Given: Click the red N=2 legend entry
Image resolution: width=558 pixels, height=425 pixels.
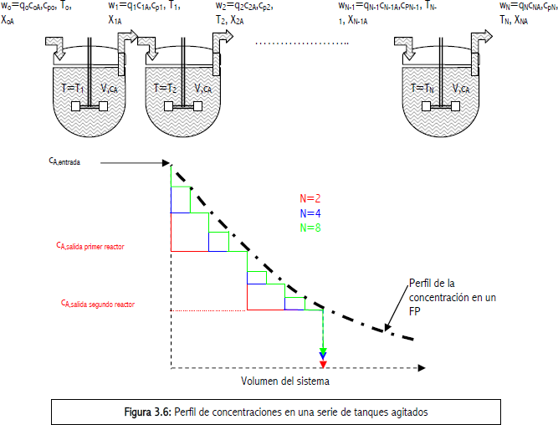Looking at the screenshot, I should [x=310, y=198].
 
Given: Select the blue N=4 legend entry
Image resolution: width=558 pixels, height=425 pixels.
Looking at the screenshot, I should [x=310, y=212].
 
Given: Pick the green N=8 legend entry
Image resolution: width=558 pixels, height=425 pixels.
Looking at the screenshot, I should [x=310, y=227].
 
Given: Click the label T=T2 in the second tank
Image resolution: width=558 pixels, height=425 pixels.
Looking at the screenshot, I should [x=166, y=88].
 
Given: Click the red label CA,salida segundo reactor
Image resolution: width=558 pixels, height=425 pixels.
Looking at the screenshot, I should [x=98, y=305].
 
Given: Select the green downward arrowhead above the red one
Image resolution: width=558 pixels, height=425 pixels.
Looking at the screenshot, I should [x=323, y=353].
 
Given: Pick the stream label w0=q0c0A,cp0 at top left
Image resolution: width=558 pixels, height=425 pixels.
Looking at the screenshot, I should [x=38, y=7].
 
